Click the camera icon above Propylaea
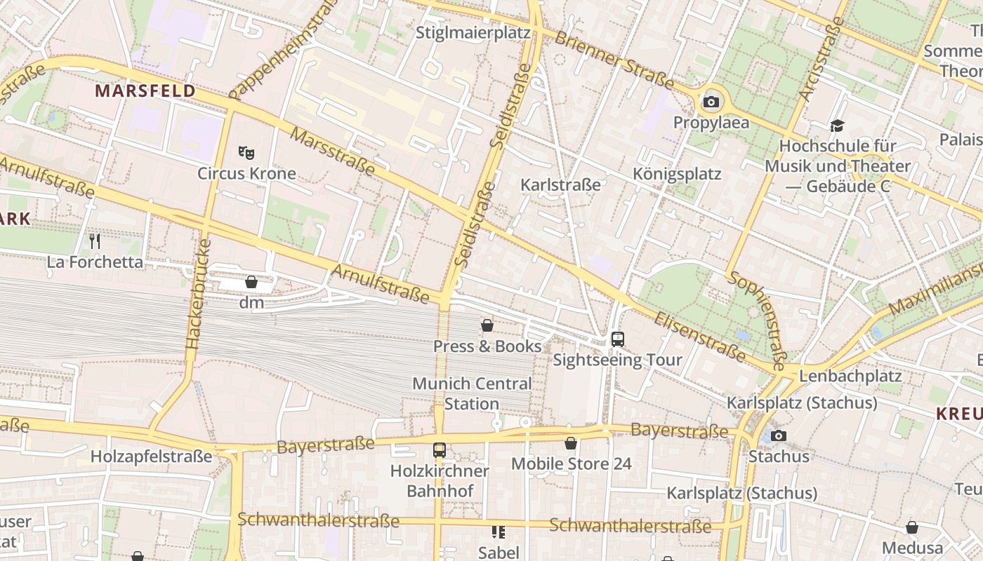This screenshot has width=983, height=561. coord(711,102)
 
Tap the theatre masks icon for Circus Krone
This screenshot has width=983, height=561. coord(246,152)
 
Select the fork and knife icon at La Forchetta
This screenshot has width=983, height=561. coord(95,241)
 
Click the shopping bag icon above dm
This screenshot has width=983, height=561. coord(251,282)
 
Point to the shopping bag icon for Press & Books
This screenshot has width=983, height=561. coord(487,325)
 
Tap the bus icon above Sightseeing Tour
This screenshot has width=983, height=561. coord(617,339)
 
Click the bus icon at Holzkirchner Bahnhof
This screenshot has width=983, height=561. coord(440,450)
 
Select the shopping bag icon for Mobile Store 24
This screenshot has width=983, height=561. coord(571,443)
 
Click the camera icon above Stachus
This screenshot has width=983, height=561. coord(778,435)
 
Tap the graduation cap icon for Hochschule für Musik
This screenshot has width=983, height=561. coord(837,126)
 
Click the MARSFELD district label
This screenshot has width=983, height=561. coord(145,91)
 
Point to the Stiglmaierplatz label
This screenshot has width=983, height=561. coord(473,33)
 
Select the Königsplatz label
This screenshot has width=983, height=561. coord(677,174)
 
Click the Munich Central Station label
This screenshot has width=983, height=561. coord(472,393)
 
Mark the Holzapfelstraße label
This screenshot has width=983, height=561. coord(151,457)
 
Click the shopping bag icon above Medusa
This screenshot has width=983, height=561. coord(912,527)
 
